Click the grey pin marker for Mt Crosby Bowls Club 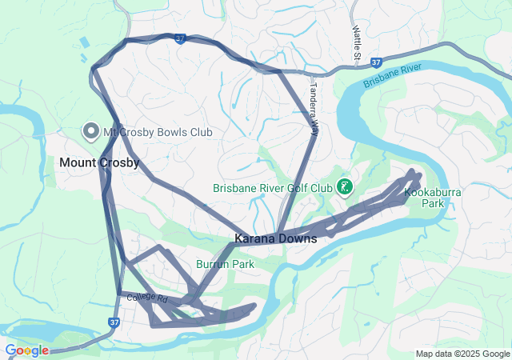click(90, 130)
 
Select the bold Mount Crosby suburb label click(99, 162)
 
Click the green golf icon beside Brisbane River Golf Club click(346, 188)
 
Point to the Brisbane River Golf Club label click(272, 189)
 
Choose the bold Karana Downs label click(275, 238)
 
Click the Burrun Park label click(225, 263)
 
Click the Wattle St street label click(357, 42)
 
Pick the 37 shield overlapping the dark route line click(181, 38)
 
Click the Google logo click(26, 350)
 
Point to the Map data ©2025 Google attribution click(462, 354)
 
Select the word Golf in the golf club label click(298, 189)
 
